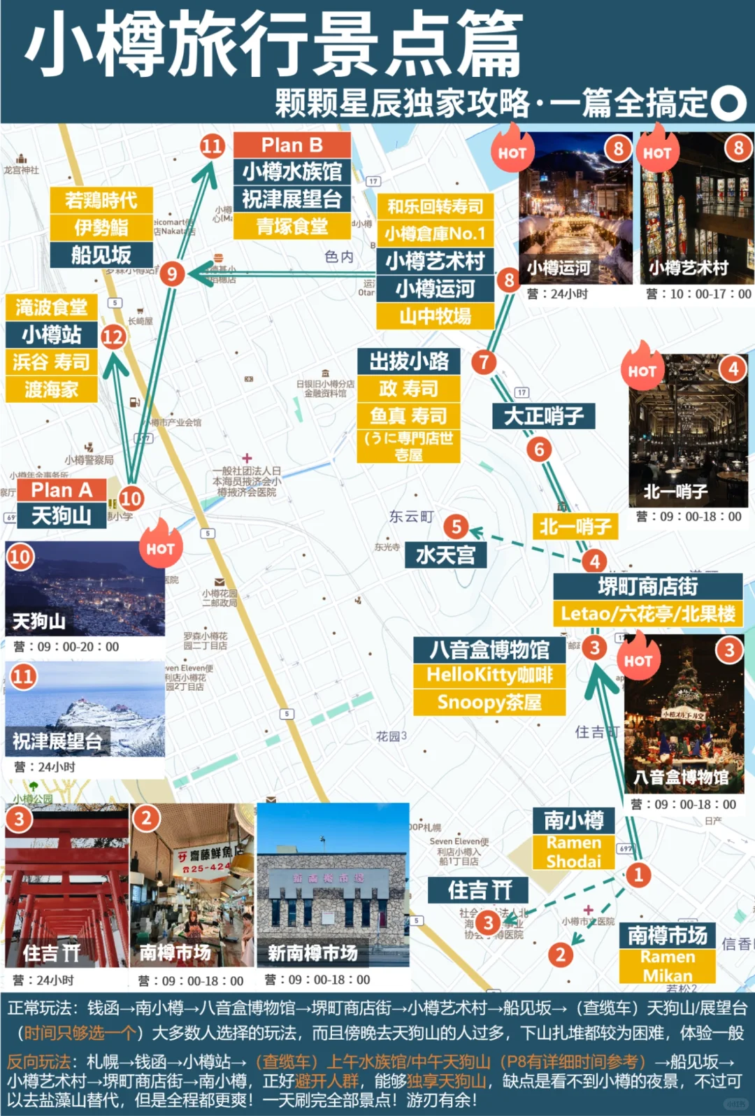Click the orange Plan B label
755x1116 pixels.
pyautogui.click(x=292, y=145)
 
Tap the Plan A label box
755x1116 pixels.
pyautogui.click(x=62, y=489)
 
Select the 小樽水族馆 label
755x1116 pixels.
pyautogui.click(x=292, y=172)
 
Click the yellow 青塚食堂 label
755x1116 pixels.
pyautogui.click(x=292, y=227)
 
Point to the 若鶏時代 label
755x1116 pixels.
pyautogui.click(x=101, y=201)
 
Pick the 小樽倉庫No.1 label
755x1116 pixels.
pyautogui.click(x=435, y=234)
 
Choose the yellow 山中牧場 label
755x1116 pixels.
pyautogui.click(x=435, y=317)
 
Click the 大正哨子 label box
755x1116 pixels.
pyautogui.click(x=544, y=416)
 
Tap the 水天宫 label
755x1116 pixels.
pyautogui.click(x=445, y=555)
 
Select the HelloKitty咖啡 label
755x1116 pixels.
pyautogui.click(x=489, y=675)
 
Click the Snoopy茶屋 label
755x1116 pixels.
pyautogui.click(x=489, y=702)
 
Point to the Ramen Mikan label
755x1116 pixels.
pyautogui.click(x=667, y=966)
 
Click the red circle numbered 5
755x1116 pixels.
pyautogui.click(x=456, y=526)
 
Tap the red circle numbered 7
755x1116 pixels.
pyautogui.click(x=484, y=362)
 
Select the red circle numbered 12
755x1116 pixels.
pyautogui.click(x=113, y=337)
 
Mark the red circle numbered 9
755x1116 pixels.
pyautogui.click(x=172, y=273)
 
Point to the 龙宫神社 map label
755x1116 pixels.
pyautogui.click(x=21, y=170)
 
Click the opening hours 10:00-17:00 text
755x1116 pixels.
pyautogui.click(x=698, y=294)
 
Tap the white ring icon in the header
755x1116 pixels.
pyautogui.click(x=729, y=103)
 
